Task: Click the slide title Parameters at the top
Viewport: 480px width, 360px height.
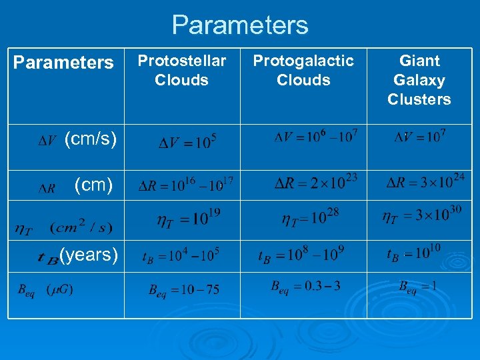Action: pos(240,25)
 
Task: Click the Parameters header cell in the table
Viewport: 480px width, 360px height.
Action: pos(63,63)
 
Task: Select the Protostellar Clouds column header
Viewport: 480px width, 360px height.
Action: pos(181,71)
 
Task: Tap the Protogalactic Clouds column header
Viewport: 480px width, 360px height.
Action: pos(303,71)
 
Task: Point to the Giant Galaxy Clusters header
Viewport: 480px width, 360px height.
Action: pos(419,80)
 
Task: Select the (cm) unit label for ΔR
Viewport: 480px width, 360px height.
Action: pos(93,185)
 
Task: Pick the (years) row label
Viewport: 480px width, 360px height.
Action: pos(89,254)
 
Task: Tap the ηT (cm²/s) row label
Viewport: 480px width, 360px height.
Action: pos(63,228)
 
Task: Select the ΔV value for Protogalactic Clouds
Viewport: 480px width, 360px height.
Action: pos(316,137)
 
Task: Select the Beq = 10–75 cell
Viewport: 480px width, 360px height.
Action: pos(183,290)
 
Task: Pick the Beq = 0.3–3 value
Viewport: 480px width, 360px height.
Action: pos(305,287)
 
